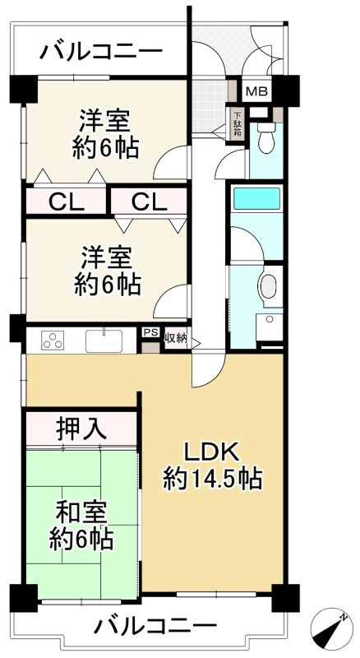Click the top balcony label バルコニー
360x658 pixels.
(101, 52)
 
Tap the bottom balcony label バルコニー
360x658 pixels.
(155, 627)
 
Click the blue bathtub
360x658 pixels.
(257, 200)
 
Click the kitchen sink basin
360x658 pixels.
(104, 341)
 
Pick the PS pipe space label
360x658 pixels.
(150, 333)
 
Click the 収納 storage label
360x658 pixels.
(175, 337)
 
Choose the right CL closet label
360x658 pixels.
(150, 201)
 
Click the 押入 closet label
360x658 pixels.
(81, 428)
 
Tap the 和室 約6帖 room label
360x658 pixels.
(81, 526)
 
